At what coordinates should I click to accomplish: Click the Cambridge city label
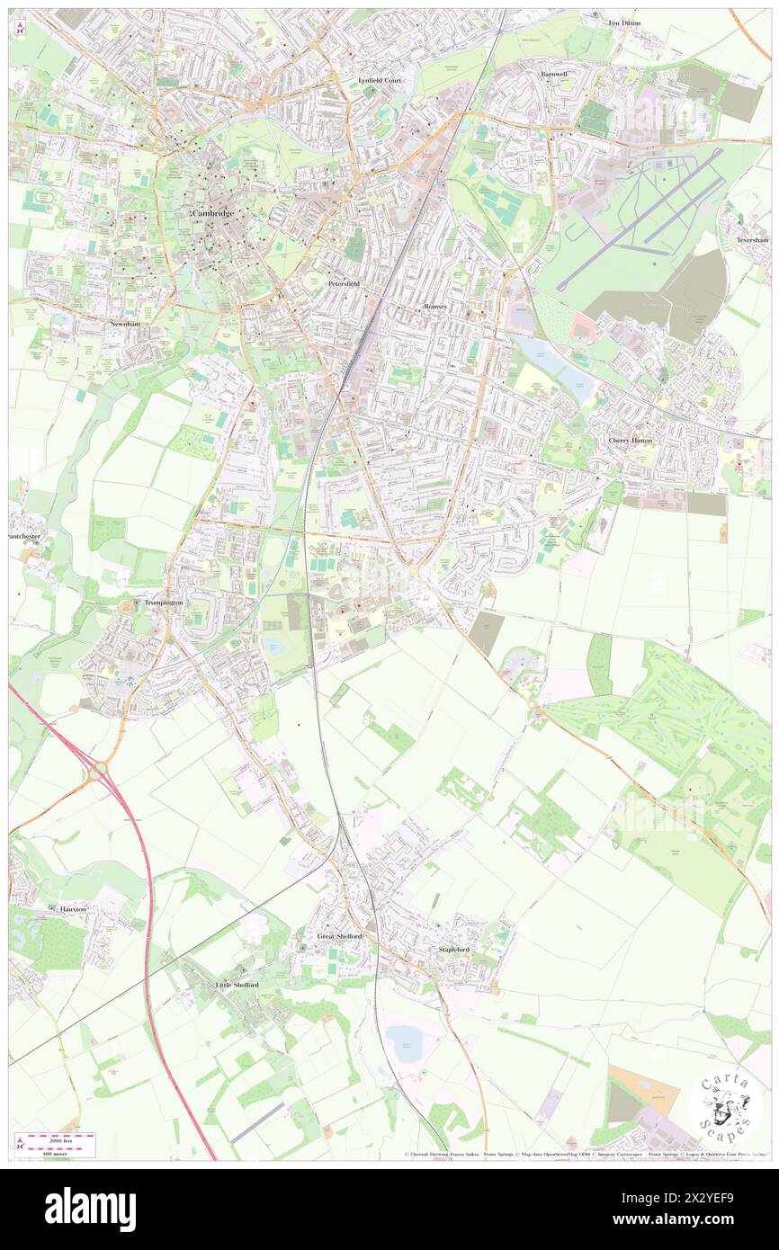pos(212,212)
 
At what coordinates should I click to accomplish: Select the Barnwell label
pos(554,74)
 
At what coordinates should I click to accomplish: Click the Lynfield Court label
pos(380,80)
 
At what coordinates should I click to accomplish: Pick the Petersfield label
pos(344,283)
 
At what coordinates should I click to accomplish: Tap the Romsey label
pos(436,307)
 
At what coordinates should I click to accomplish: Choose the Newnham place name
pos(125,323)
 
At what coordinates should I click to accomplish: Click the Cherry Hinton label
pos(630,441)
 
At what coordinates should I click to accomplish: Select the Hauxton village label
pos(73,909)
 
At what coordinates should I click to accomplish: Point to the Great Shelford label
pos(340,936)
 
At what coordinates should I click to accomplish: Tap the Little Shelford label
pos(237,985)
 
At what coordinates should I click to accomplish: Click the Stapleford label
pos(454,949)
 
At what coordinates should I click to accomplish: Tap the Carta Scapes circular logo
pos(725,1103)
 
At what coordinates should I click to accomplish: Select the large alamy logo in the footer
pos(90,1209)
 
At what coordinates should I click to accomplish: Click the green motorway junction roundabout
pos(98,771)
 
